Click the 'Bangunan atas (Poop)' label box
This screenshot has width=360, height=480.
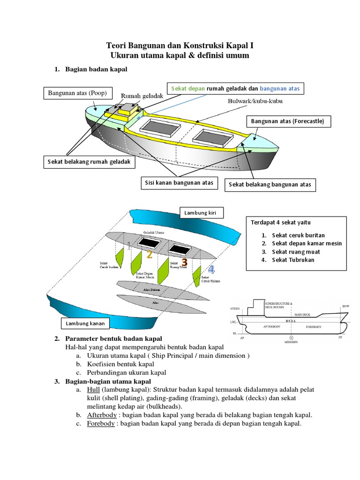pos(78,93)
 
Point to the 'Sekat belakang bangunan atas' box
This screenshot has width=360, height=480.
pos(270,185)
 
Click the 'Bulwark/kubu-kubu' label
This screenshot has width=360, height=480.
pos(255,101)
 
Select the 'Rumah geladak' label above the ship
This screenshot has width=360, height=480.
pos(142,96)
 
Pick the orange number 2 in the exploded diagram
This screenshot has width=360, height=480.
pos(149,255)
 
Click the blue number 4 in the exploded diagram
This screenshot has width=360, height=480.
pos(211,270)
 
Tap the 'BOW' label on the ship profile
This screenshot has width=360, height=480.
pos(345,306)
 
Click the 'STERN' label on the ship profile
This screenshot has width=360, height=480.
pos(235,309)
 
